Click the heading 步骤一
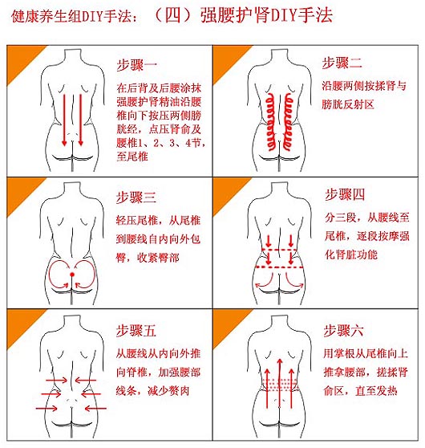136,65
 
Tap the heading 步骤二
342,63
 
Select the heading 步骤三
136,198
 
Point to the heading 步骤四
345,194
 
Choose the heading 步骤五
136,331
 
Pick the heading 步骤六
343,331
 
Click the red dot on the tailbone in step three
72,275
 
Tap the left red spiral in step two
270,122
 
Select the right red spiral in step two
288,122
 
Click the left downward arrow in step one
64,120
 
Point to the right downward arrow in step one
80,120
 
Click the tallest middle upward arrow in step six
280,384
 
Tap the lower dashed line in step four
279,267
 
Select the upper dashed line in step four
279,250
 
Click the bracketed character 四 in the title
172,15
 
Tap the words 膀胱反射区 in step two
348,104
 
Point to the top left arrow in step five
56,381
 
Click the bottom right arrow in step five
95,409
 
